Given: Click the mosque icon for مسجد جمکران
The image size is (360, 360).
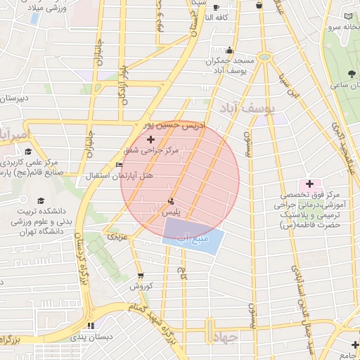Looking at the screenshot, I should (229, 50).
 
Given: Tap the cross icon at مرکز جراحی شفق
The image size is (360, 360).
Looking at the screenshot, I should (150, 141).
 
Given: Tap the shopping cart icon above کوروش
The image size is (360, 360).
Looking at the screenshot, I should (141, 276).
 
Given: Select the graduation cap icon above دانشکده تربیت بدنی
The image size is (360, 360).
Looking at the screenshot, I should (39, 200).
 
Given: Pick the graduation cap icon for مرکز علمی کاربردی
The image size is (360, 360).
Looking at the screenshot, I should (27, 151).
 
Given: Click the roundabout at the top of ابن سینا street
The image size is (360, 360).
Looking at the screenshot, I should (264, 56).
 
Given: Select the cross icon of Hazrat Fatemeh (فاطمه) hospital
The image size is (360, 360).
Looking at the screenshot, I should (309, 184).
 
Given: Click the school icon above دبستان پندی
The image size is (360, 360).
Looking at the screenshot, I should (90, 325).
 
